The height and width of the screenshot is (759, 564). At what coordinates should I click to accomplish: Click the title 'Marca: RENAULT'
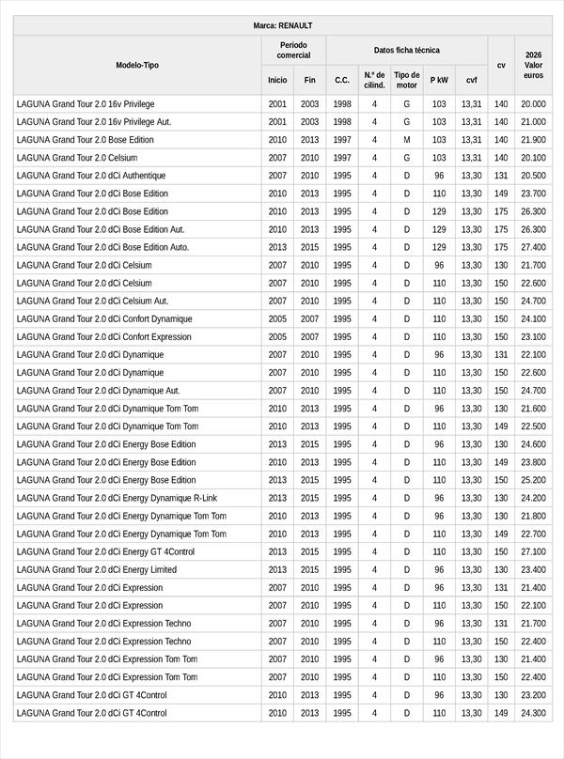click(x=282, y=25)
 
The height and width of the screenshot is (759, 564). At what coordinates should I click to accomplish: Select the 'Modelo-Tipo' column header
click(x=137, y=65)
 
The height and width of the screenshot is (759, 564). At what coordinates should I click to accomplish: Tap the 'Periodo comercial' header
click(x=293, y=50)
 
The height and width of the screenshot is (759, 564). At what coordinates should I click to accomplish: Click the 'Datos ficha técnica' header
click(x=406, y=50)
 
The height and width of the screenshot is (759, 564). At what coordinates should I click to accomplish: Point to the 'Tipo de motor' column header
click(x=406, y=80)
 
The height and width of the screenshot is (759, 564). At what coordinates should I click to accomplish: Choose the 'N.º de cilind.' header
click(x=374, y=80)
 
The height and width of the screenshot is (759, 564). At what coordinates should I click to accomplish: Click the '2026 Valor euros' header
click(x=533, y=65)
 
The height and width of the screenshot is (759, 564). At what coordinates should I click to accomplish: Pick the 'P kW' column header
click(x=439, y=80)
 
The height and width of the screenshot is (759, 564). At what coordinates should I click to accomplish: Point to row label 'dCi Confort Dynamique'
click(x=104, y=318)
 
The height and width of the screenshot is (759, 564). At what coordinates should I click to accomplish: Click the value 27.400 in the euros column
click(x=533, y=247)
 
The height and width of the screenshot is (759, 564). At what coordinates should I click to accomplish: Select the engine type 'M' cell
click(x=406, y=140)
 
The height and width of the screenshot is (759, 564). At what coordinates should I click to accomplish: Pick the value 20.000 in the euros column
click(x=533, y=104)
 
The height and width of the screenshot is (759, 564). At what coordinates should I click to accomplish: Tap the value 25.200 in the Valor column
click(x=533, y=480)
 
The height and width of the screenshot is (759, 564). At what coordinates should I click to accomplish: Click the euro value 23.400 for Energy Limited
click(x=533, y=569)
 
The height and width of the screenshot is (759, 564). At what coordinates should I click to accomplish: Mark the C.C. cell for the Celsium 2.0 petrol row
click(x=342, y=158)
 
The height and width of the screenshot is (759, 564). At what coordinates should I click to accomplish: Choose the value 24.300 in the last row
click(x=533, y=713)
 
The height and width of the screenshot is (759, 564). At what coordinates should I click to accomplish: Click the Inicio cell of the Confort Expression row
click(x=277, y=336)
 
